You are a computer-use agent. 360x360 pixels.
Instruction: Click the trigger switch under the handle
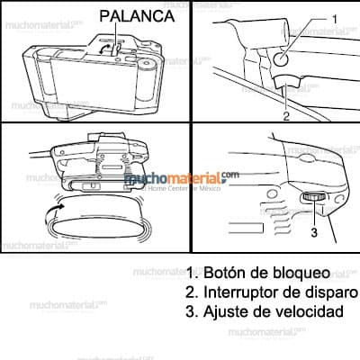click(287, 87)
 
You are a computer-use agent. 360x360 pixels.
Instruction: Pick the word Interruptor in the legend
click(243, 292)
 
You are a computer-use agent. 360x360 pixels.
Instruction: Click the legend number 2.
click(190, 292)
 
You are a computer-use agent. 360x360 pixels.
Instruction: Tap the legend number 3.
click(190, 312)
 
